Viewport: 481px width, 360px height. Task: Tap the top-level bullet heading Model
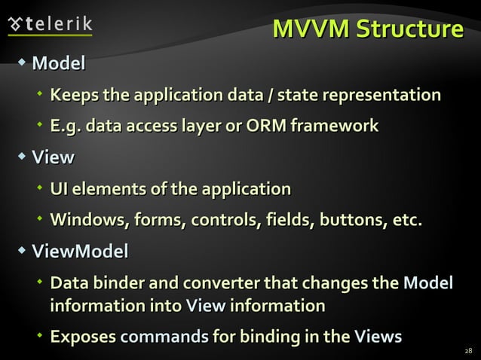[58, 64]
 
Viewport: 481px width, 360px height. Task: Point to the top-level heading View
[53, 157]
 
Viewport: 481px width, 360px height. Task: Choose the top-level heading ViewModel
[80, 251]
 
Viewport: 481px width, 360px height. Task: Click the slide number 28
[468, 352]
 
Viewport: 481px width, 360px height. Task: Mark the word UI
[60, 188]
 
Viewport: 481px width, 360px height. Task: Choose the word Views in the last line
[378, 337]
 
